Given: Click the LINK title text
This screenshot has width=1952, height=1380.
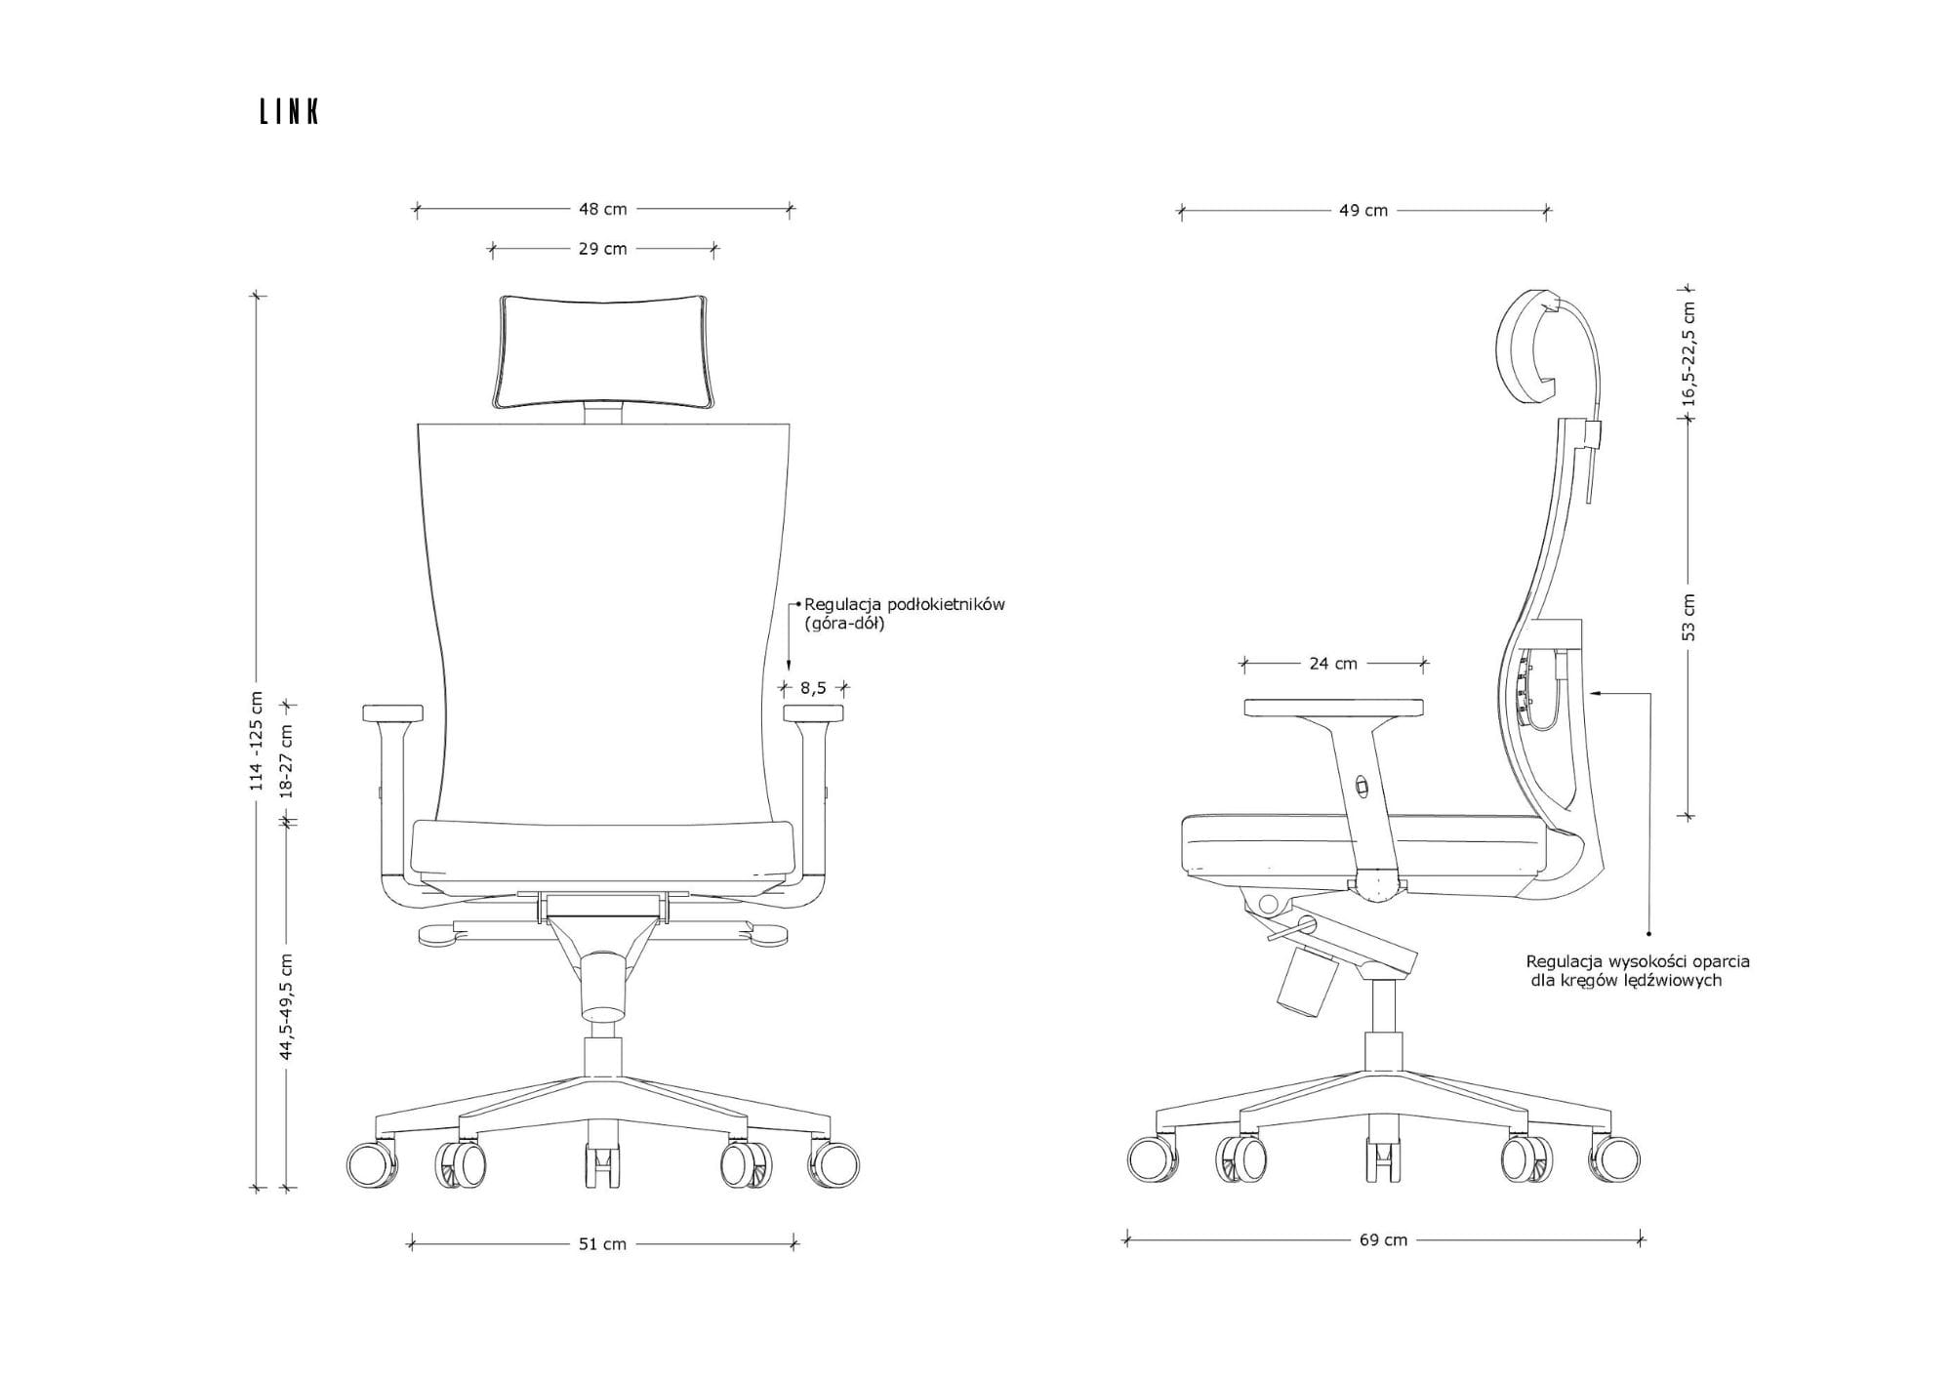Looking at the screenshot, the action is click(x=289, y=112).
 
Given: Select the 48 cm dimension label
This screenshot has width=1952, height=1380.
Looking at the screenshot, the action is click(x=603, y=209).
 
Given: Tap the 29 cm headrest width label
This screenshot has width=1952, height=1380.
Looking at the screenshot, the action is click(x=603, y=249).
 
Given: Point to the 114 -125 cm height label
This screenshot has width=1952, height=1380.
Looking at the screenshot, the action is click(x=257, y=741).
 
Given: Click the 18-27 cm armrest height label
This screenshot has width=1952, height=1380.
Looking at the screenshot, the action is click(x=287, y=761).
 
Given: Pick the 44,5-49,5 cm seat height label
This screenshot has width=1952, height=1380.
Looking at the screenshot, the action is click(x=287, y=1006).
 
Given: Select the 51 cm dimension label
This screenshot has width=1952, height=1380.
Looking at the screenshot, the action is click(x=603, y=1244).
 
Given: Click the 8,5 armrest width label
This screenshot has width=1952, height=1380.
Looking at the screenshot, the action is click(x=814, y=688).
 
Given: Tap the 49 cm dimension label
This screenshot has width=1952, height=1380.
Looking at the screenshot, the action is click(x=1363, y=211).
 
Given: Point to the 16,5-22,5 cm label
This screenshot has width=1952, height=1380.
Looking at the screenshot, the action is click(x=1689, y=353).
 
